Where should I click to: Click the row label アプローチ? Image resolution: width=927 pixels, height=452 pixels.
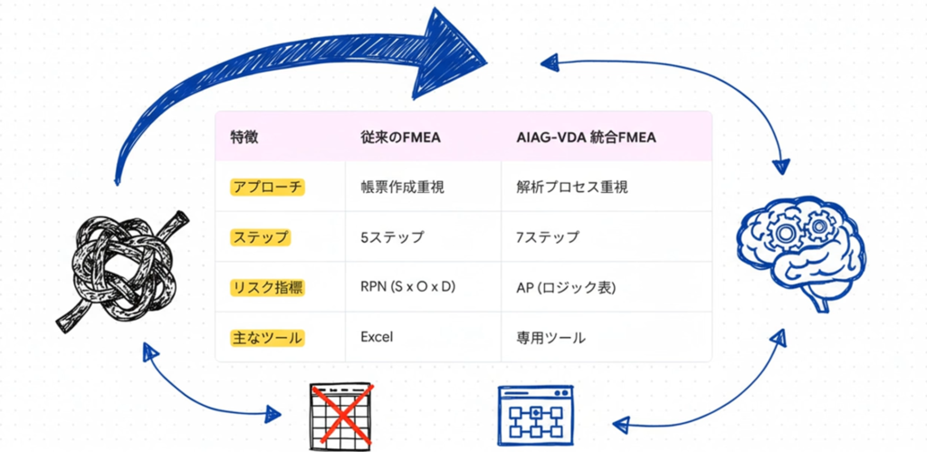coord(267,187)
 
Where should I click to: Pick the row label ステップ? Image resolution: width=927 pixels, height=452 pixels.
coord(261,237)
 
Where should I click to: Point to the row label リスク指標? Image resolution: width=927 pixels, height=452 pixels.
coord(267,288)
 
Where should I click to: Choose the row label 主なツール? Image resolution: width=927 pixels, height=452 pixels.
coord(267,338)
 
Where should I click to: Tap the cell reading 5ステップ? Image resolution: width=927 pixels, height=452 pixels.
coord(391,237)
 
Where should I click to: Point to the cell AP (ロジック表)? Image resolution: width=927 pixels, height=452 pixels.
coord(559,288)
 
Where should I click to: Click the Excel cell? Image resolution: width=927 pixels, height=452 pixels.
coord(376,338)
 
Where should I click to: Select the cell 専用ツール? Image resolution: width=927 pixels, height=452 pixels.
coord(550,338)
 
